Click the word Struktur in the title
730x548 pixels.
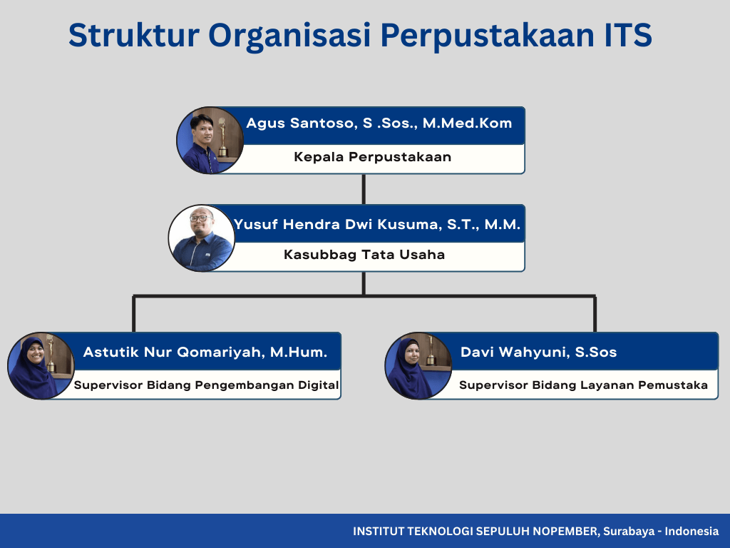[x=134, y=36]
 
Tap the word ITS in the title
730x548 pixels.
[x=628, y=36]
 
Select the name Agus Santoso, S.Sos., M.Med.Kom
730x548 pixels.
[x=379, y=123]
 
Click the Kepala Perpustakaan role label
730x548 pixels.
[x=372, y=156]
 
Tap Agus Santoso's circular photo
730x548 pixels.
[x=210, y=141]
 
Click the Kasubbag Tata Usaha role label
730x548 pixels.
[x=364, y=255]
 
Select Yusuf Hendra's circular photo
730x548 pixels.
[x=202, y=238]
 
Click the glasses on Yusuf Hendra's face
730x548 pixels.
[x=201, y=218]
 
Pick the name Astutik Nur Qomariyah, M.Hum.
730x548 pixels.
[x=205, y=352]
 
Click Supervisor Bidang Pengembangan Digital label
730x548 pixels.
[x=206, y=385]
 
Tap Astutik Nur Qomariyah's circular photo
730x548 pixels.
[x=41, y=366]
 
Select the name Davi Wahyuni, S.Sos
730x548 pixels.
[x=539, y=352]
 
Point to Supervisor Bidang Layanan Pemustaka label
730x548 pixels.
[x=583, y=385]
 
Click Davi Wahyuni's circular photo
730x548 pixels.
[x=418, y=366]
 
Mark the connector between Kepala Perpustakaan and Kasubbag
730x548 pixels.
[x=364, y=189]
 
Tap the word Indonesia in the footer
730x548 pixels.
[x=692, y=531]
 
